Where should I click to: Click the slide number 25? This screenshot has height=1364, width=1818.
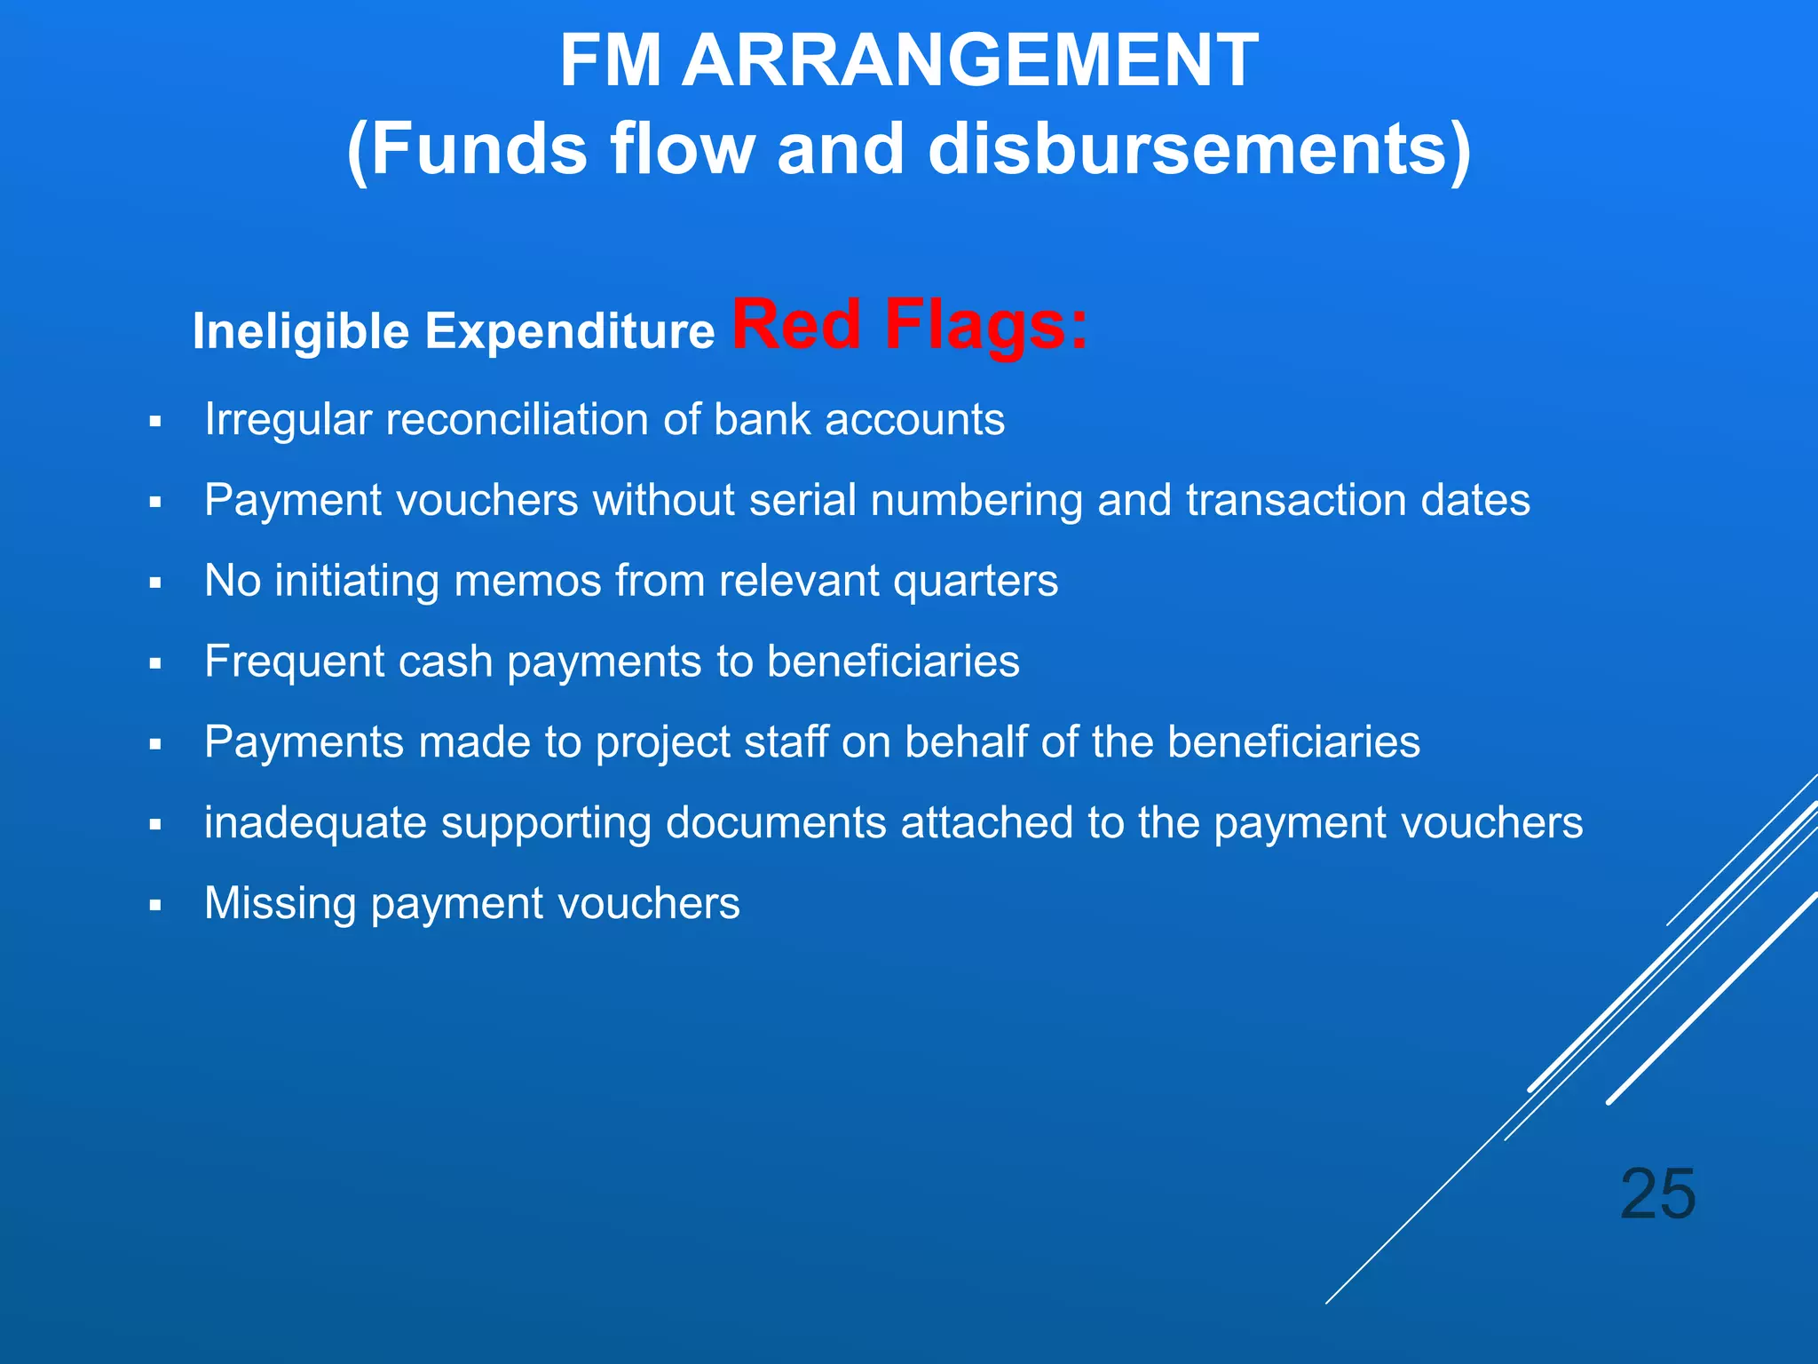(x=1657, y=1194)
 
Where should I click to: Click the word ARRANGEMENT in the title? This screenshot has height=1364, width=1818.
(x=969, y=60)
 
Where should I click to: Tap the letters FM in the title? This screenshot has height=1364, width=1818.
(x=611, y=60)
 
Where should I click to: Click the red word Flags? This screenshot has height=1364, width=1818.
(x=986, y=324)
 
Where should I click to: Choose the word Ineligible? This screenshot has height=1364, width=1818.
(x=300, y=332)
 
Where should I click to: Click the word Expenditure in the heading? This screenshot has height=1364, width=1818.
(x=569, y=332)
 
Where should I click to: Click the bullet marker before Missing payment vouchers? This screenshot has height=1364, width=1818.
(x=155, y=906)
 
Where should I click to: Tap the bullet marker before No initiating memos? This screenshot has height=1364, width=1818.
(x=155, y=583)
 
